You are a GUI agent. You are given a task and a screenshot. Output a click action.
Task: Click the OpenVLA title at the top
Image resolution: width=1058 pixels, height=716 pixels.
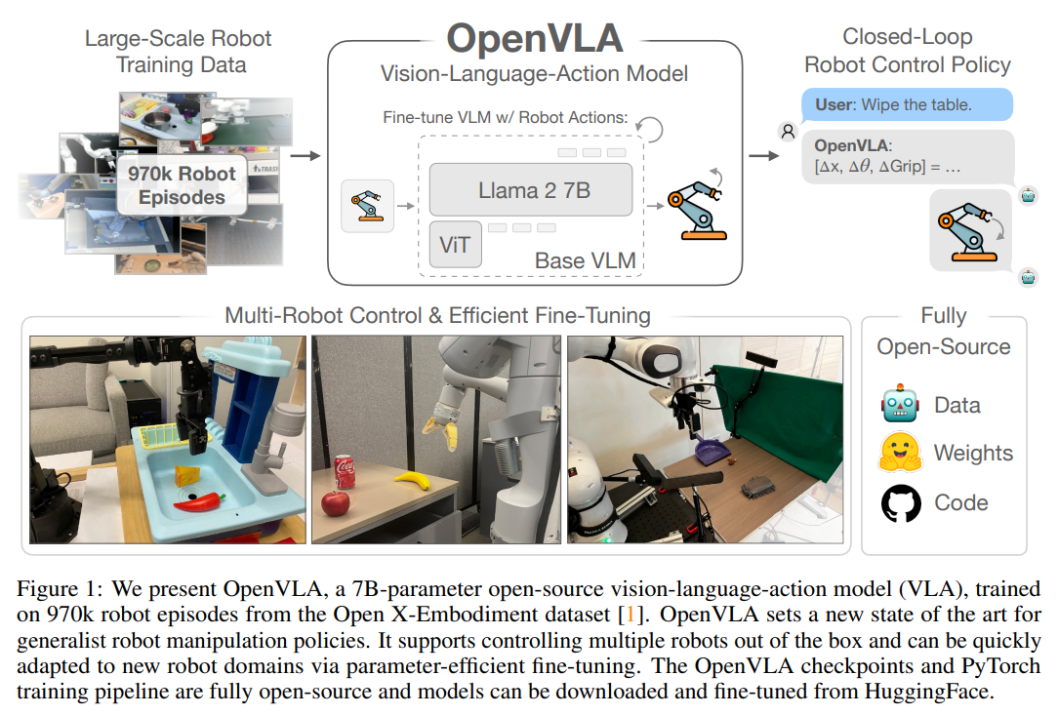point(534,39)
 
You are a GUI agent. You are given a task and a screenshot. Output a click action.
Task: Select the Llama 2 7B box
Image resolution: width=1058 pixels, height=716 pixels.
point(534,189)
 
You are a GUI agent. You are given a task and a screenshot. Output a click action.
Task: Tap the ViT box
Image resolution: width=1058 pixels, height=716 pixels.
point(455,244)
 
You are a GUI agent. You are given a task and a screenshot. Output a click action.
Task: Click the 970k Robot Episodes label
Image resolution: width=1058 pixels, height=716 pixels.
point(182,185)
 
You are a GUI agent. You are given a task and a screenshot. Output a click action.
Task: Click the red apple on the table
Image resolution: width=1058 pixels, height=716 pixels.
point(335,503)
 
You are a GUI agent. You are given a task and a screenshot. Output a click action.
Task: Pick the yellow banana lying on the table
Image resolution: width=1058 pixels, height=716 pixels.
point(412,480)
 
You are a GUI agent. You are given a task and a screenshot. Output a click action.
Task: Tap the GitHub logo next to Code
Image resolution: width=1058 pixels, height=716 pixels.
point(900,503)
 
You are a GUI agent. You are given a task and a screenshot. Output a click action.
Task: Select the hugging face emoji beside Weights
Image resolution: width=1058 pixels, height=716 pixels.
point(900,454)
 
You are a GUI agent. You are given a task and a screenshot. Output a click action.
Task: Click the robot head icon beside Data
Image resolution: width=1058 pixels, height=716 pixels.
point(900,405)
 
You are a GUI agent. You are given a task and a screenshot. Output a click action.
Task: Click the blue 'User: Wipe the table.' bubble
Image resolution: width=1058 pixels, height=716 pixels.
point(906,103)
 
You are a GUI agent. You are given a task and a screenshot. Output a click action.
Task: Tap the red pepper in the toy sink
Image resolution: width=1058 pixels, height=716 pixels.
point(198,500)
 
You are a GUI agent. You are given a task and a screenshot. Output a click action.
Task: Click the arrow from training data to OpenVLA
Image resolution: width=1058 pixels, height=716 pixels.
point(306,154)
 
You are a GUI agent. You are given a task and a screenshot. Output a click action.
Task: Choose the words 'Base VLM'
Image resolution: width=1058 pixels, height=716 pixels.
point(585,260)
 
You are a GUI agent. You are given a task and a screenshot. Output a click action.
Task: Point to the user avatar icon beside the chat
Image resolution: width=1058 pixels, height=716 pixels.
point(786,130)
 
